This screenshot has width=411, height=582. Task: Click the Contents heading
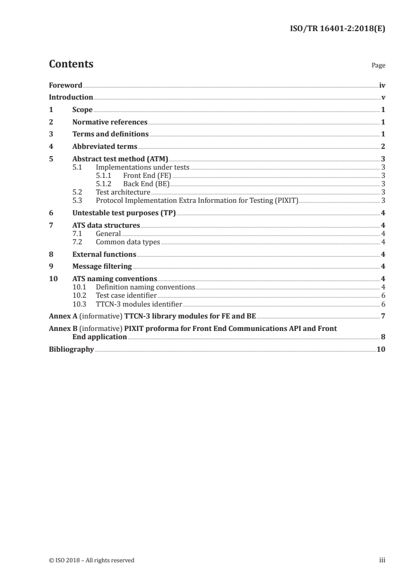coord(71,64)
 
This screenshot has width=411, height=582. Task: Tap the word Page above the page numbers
coord(378,66)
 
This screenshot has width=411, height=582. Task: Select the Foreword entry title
coord(65,85)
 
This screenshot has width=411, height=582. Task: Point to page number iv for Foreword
coord(382,85)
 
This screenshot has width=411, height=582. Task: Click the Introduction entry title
coord(71,97)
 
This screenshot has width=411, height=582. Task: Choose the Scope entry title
coord(82,109)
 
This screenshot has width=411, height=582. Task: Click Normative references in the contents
coord(110,122)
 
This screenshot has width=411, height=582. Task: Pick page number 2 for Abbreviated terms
coord(382,147)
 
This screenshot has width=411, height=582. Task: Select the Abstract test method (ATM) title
coord(120,159)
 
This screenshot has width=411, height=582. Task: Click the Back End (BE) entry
coord(146,184)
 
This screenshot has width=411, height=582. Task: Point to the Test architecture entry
coord(123,192)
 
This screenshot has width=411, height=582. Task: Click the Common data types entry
coord(128,242)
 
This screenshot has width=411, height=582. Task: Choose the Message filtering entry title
coord(102,267)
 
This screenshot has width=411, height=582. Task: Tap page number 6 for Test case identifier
coord(382,295)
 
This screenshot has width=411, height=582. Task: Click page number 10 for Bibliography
coord(381,349)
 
